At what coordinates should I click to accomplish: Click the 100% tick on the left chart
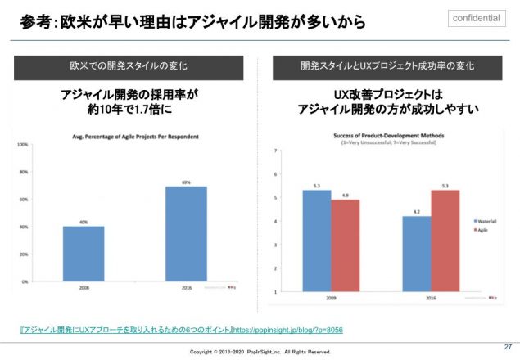coord(24,145)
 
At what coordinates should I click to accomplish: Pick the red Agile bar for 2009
coord(345,245)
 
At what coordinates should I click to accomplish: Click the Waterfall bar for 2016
coord(416,254)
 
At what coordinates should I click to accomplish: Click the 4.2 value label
coord(416,211)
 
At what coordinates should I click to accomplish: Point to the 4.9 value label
coord(345,195)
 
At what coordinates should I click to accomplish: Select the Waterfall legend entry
coord(488,221)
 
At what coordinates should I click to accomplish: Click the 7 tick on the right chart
coord(276,151)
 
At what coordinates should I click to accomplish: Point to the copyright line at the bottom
coord(260,352)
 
